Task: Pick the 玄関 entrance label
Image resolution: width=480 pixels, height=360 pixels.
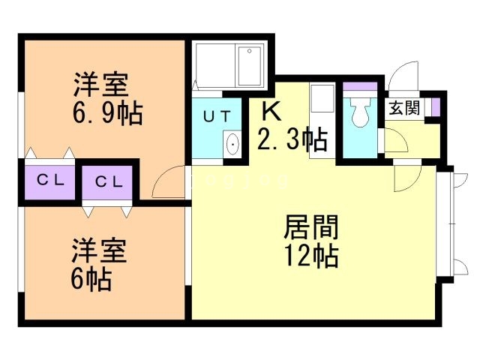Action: [403, 108]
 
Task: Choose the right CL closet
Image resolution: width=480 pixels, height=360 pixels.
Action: [108, 181]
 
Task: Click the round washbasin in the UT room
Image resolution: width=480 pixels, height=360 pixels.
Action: [232, 142]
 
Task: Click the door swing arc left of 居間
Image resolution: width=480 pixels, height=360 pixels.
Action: [168, 181]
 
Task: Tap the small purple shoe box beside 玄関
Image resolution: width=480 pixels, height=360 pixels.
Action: [435, 107]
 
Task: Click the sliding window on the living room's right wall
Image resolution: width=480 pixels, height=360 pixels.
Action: [448, 225]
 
